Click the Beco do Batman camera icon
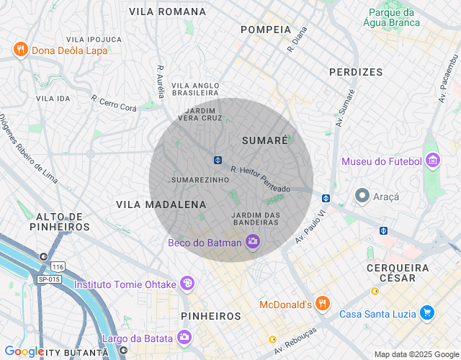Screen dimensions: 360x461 [252, 242]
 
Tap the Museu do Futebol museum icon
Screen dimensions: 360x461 [433, 161]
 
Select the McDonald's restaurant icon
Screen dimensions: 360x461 [323, 304]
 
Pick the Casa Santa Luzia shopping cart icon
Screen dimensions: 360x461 [428, 312]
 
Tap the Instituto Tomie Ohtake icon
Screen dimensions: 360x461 [187, 284]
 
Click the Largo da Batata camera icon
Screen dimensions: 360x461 [184, 337]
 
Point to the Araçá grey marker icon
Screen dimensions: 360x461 [362, 195]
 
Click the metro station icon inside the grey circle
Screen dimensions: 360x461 [218, 159]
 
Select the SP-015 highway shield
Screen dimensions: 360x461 [49, 279]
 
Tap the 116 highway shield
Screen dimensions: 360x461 [58, 266]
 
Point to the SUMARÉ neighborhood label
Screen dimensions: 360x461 [264, 140]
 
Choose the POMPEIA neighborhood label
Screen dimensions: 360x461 [266, 30]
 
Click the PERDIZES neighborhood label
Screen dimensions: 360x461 [356, 72]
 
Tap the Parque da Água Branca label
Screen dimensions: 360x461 [393, 17]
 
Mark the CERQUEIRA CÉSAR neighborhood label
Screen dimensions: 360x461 [398, 273]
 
